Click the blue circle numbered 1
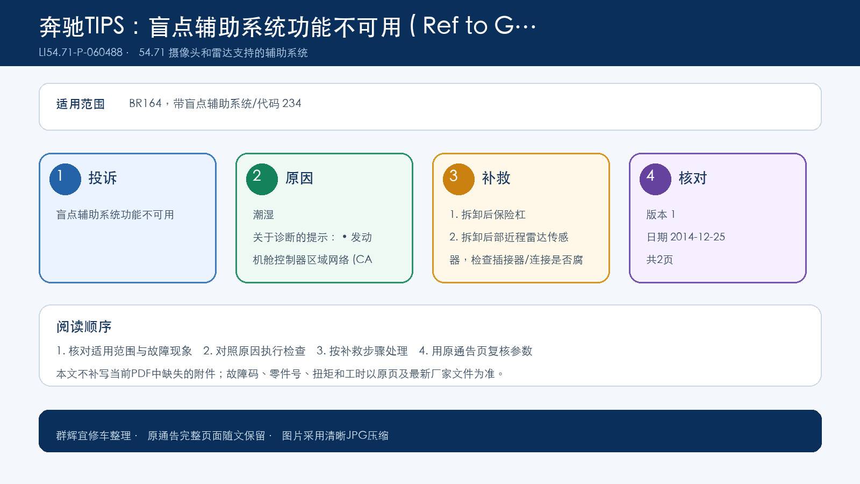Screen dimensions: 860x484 pyautogui.click(x=65, y=179)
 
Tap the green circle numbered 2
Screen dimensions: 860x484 pyautogui.click(x=262, y=179)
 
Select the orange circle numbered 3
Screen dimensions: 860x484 pyautogui.click(x=458, y=179)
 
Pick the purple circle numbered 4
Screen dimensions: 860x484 pyautogui.click(x=655, y=179)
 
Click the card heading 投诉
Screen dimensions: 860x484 pyautogui.click(x=103, y=178)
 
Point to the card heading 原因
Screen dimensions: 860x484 pyautogui.click(x=299, y=178)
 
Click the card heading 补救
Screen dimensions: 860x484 pyautogui.click(x=496, y=178)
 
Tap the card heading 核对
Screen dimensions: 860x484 pyautogui.click(x=692, y=178)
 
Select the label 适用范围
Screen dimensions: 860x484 pyautogui.click(x=80, y=104)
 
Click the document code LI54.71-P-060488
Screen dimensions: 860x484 pyautogui.click(x=81, y=52)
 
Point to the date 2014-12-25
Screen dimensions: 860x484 pyautogui.click(x=698, y=237)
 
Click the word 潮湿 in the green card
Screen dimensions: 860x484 pyautogui.click(x=263, y=215)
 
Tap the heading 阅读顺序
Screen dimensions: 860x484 pyautogui.click(x=84, y=327)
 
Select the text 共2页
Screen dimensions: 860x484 pyautogui.click(x=660, y=260)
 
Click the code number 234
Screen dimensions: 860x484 pyautogui.click(x=291, y=103)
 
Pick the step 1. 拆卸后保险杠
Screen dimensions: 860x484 pyautogui.click(x=487, y=215)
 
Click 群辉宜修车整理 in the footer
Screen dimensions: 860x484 pyautogui.click(x=94, y=436)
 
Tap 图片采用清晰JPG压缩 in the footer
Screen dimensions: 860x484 pyautogui.click(x=335, y=436)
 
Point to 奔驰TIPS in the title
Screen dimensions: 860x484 pyautogui.click(x=82, y=26)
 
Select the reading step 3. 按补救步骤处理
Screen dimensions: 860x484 pyautogui.click(x=362, y=351)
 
